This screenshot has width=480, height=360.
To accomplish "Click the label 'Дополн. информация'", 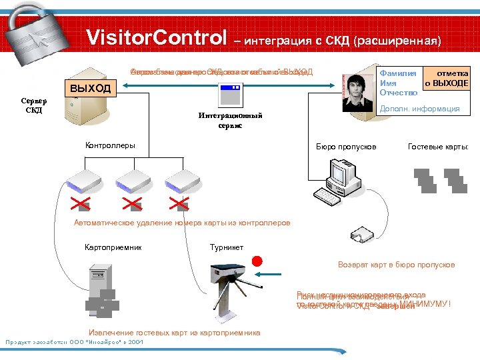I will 419,109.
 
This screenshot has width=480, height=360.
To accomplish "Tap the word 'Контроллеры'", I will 110,145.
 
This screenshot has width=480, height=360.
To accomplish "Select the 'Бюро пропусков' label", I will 345,146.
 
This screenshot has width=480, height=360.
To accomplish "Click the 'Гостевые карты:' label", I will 438,146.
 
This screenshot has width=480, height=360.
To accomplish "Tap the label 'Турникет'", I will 227,247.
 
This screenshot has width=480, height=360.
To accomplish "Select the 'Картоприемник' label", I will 113,247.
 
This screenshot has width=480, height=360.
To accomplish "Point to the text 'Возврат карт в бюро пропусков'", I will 396,265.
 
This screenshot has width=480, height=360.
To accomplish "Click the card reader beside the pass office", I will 363,234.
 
